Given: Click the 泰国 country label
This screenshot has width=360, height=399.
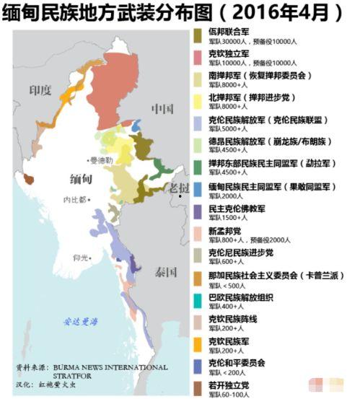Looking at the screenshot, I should tap(165, 272).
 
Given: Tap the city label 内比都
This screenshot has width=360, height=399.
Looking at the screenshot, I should tap(75, 199).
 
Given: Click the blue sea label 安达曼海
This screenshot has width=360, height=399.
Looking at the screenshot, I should tap(81, 322).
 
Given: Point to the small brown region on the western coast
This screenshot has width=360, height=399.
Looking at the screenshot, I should tap(29, 178).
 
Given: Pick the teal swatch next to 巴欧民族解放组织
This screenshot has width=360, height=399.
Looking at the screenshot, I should tap(198, 300).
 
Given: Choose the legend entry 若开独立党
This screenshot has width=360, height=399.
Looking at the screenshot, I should tap(229, 385).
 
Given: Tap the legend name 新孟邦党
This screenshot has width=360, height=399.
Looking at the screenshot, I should tap(224, 231).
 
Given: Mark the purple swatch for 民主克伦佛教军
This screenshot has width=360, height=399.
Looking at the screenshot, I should tap(198, 211).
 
